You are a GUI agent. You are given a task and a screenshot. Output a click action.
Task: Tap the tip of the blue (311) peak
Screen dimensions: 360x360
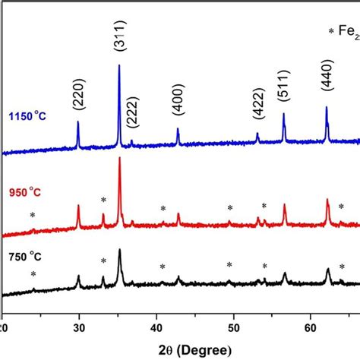[119, 65]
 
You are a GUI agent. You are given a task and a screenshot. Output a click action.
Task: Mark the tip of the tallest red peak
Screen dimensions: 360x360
[119, 158]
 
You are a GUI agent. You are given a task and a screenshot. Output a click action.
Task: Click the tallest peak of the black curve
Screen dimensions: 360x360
[119, 249]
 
